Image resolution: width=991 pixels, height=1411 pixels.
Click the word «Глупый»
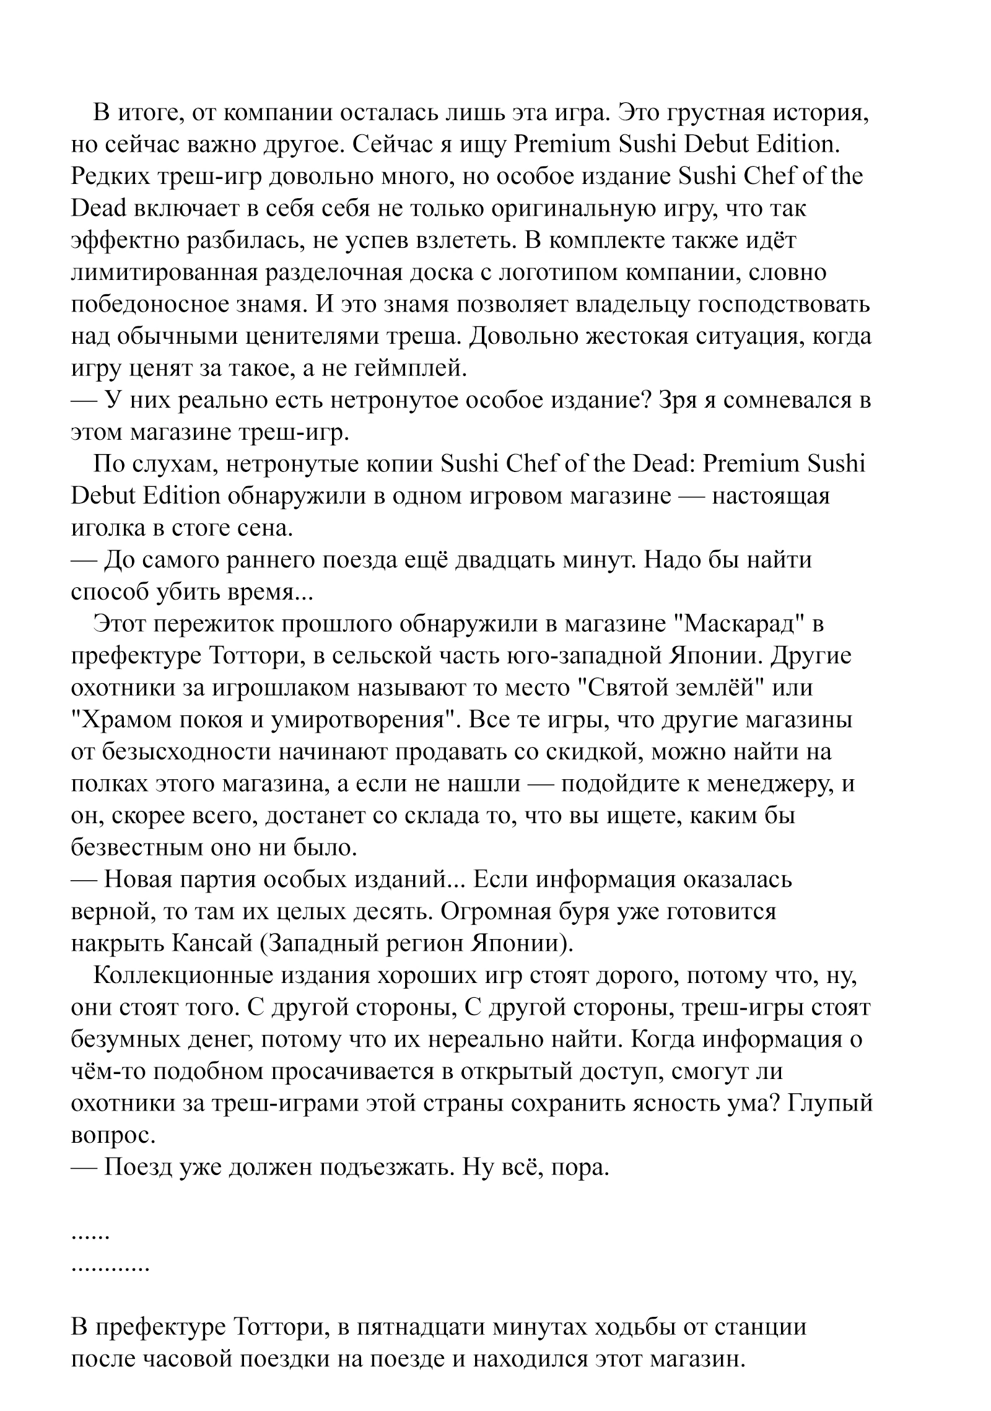pyautogui.click(x=830, y=1103)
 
